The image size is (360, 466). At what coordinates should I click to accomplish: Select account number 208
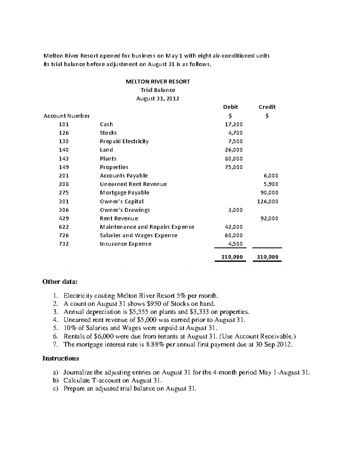[64, 184]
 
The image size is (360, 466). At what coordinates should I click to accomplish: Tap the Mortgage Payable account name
[124, 193]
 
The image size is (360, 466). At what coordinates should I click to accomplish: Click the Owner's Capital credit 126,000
[268, 201]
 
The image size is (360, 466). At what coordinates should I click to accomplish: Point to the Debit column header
[230, 107]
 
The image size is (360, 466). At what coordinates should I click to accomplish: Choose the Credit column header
[267, 107]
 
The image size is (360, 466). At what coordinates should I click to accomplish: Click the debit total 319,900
[232, 257]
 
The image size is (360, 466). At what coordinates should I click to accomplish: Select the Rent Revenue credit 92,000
[269, 218]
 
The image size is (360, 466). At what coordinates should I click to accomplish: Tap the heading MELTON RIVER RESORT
[157, 81]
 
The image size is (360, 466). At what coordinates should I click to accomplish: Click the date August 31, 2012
[157, 98]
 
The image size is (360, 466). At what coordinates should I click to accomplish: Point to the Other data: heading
[60, 281]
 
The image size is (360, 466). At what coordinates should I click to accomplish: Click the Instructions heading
[61, 358]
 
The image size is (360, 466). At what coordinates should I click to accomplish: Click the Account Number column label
[67, 116]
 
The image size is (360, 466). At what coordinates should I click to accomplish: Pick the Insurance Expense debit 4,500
[235, 244]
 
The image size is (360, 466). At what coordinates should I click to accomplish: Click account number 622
[64, 227]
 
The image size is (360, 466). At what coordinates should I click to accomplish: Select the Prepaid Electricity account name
[124, 141]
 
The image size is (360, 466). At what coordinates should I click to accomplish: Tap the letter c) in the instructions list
[55, 389]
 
